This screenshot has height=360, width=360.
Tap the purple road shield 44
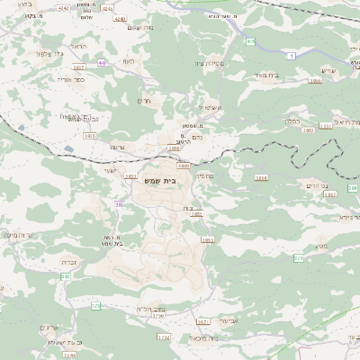click(102, 62)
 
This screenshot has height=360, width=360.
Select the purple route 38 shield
click(118, 204)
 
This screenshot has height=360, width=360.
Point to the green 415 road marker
click(250, 42)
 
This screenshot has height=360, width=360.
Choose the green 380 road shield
click(66, 277)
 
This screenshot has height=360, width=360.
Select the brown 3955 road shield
click(314, 81)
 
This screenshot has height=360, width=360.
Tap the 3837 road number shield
click(78, 67)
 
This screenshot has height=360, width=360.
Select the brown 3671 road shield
click(203, 320)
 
